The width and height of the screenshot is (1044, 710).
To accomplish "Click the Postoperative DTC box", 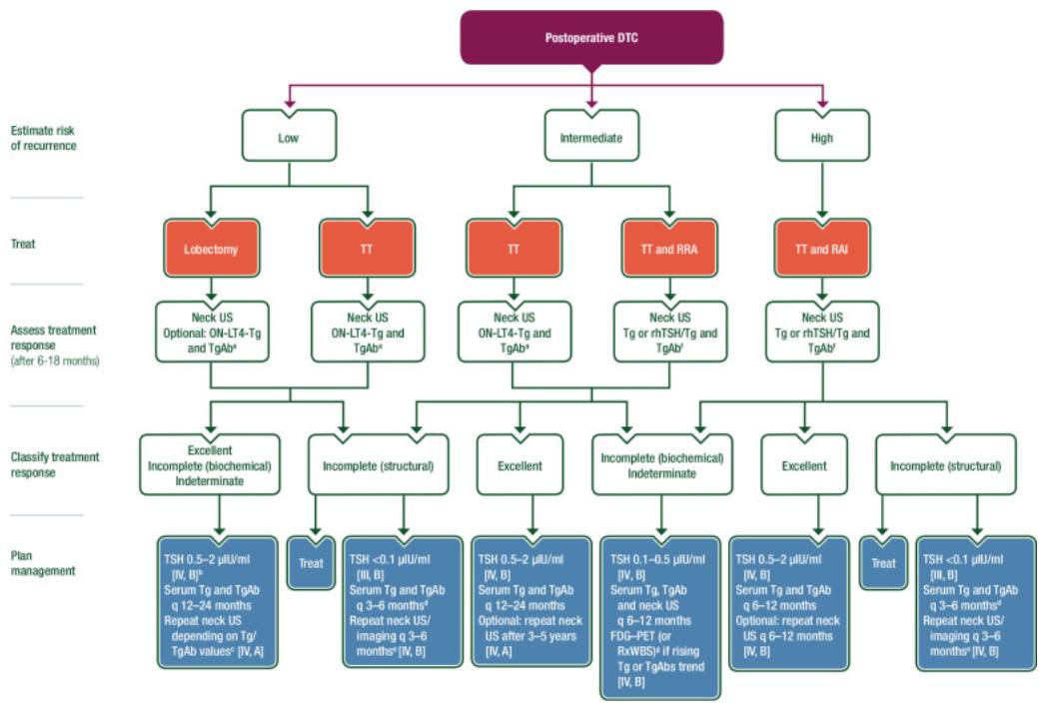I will (591, 38).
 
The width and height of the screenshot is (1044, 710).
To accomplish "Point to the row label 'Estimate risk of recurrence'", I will (44, 138).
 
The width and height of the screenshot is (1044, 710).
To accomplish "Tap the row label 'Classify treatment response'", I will (55, 464).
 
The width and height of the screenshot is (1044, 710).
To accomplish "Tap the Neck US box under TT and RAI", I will (822, 331).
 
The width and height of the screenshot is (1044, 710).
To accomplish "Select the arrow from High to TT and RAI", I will (822, 196).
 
